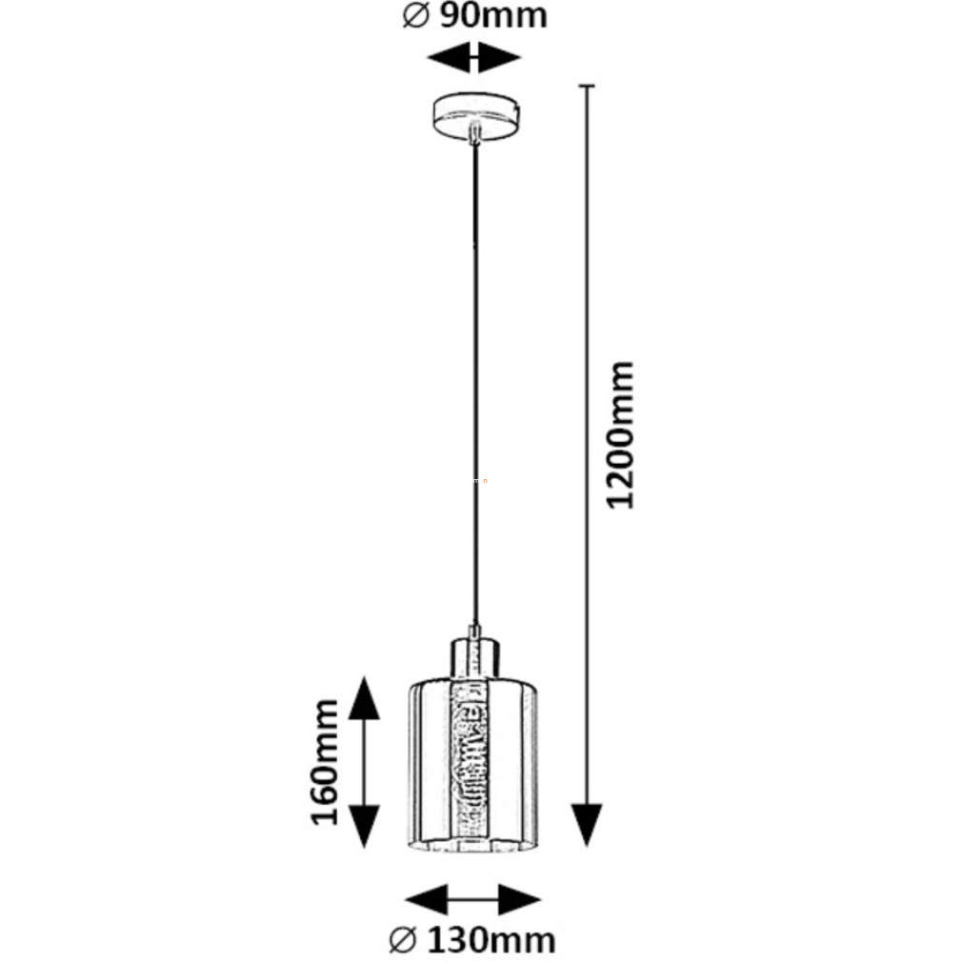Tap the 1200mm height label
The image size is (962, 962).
[621, 434]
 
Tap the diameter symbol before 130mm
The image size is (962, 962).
[402, 940]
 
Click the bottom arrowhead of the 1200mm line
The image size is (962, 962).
[587, 824]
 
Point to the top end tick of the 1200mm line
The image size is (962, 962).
[587, 87]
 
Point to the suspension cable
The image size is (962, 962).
[472, 381]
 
